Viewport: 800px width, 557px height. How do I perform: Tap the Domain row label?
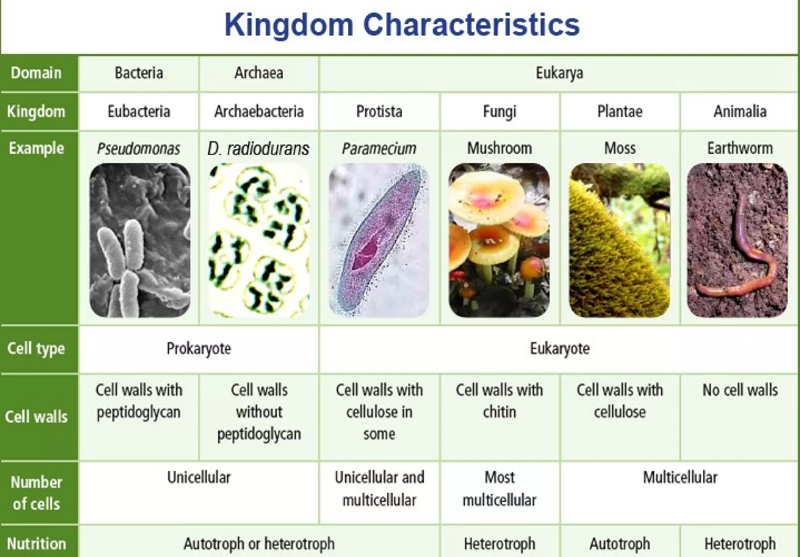pos(36,73)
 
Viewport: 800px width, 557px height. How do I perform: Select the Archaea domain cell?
pos(259,73)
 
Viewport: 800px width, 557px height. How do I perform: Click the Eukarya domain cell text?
pos(559,73)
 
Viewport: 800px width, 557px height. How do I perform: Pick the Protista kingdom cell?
pos(379,111)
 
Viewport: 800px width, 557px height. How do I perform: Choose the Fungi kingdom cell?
pos(499,111)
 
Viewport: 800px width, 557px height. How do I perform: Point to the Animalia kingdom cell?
pos(740,111)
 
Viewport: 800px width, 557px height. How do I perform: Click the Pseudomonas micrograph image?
pos(140,240)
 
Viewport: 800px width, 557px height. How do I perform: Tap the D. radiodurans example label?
pos(258,149)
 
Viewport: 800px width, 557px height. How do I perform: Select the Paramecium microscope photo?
pos(379,240)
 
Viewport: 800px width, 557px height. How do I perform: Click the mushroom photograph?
pos(499,240)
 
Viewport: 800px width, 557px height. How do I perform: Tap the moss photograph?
pos(619,240)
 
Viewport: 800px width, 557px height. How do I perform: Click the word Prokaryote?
pos(198,348)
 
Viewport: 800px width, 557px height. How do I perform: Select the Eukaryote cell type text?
pos(559,348)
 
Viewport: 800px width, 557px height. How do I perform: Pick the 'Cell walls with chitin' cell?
pos(499,401)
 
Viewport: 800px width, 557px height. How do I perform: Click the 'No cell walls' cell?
pos(740,390)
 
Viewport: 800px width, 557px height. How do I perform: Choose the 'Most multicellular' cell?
pos(499,489)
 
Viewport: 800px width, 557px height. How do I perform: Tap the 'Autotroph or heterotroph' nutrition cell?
pos(259,544)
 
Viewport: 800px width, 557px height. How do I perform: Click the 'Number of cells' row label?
pos(36,493)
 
